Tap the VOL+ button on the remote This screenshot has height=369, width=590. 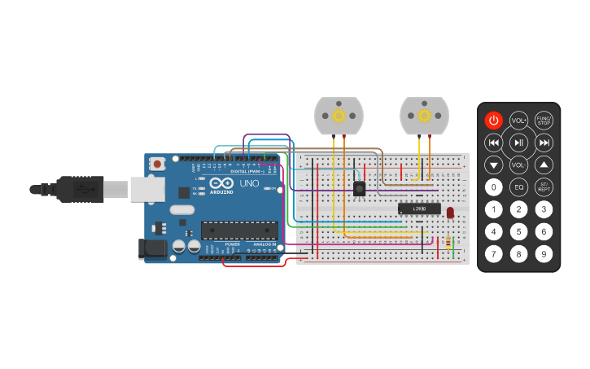coord(518,121)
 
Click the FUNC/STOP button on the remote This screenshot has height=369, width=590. coord(544,121)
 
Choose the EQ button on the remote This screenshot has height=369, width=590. coord(518,187)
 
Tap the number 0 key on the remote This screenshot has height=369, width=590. coord(493,187)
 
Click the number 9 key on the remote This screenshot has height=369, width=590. coord(544,253)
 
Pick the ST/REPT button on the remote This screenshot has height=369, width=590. coord(544,187)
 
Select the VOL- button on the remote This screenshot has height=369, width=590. coord(518,165)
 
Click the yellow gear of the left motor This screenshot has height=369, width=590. coord(339,116)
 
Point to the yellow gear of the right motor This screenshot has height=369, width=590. coord(424,116)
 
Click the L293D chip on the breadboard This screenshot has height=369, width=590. coord(419,209)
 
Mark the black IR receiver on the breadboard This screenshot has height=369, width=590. coord(359,188)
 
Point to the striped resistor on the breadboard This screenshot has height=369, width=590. coord(448,241)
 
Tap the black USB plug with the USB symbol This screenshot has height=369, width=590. coord(81,189)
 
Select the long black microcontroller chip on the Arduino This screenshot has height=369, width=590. coord(239,231)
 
